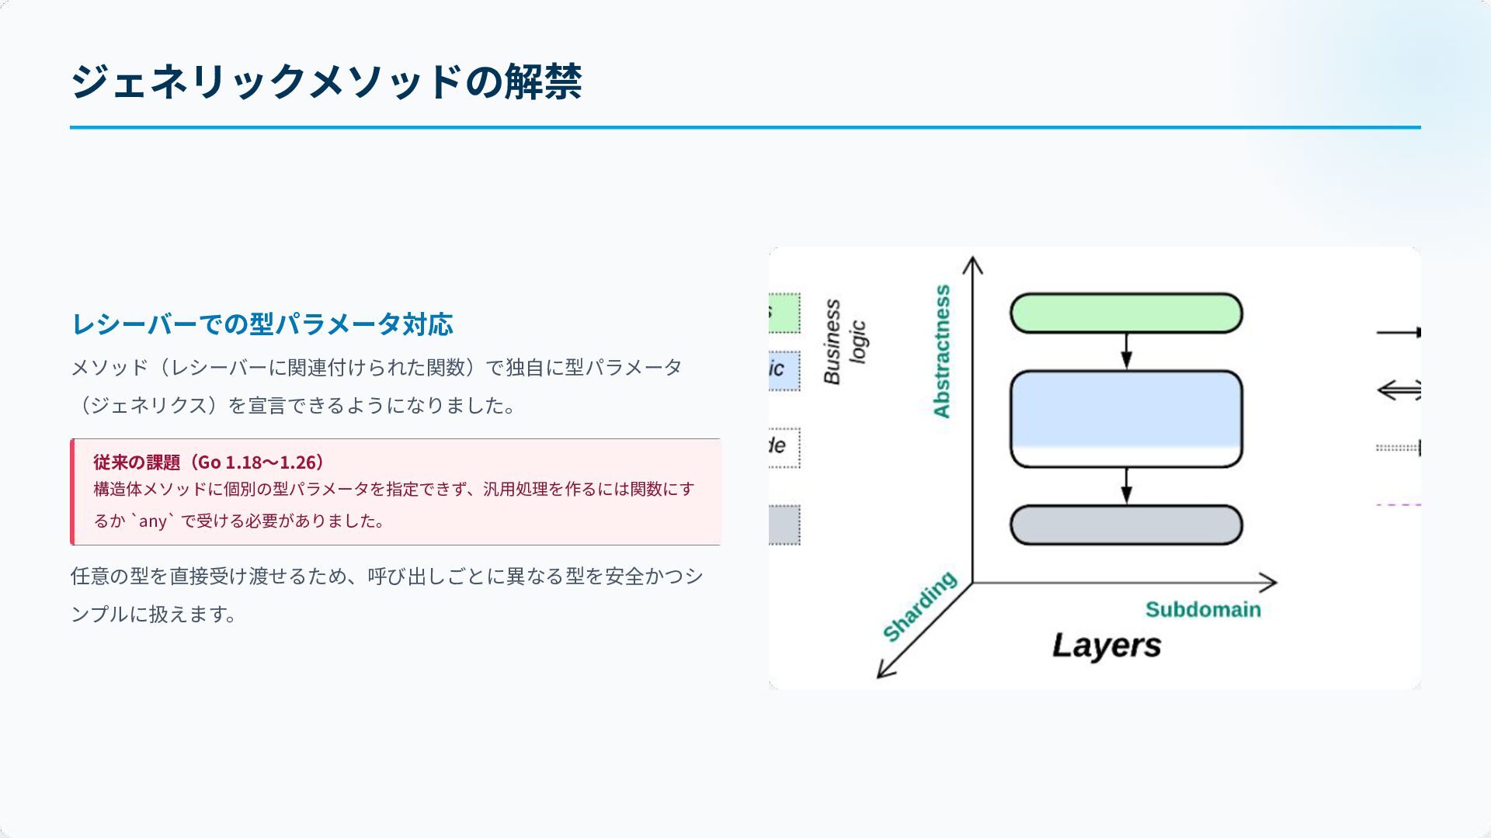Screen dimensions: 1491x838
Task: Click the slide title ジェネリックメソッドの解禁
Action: coord(326,81)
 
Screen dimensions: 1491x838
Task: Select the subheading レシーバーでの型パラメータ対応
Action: coord(262,324)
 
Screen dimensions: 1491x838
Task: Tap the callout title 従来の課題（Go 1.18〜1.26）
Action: coord(209,462)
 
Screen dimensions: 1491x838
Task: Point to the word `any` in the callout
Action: coord(153,521)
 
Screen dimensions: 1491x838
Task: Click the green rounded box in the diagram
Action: coord(1126,313)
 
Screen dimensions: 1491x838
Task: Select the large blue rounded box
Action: coord(1126,419)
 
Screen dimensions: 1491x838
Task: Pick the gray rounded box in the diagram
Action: coord(1126,525)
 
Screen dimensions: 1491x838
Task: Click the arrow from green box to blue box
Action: coord(1126,351)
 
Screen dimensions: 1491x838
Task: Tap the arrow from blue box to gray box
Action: coord(1126,486)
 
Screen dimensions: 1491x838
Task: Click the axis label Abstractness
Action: coord(942,351)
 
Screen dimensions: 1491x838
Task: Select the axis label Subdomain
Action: coord(1203,610)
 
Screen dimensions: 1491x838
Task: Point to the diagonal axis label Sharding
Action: coord(920,607)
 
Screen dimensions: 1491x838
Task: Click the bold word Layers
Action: coord(1107,646)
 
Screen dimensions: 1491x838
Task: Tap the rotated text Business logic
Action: coord(845,341)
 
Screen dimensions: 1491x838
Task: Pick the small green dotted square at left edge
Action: coord(784,313)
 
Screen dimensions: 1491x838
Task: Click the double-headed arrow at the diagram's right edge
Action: coord(1399,390)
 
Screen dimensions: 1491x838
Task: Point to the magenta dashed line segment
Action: coord(1399,505)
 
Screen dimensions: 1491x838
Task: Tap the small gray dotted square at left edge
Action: coord(784,525)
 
